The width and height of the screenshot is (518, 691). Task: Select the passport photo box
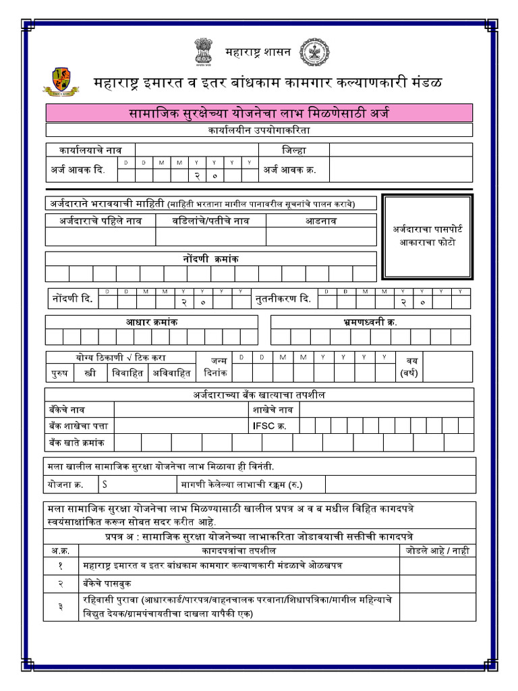click(428, 236)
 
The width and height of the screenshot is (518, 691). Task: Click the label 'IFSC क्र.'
click(268, 425)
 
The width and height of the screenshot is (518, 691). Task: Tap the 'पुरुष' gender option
click(59, 372)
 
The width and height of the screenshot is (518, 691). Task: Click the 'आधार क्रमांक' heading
click(151, 322)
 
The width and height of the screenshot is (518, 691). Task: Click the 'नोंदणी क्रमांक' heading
click(210, 258)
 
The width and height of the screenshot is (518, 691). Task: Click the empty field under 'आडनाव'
click(321, 236)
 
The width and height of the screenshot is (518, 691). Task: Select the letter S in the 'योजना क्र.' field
click(105, 484)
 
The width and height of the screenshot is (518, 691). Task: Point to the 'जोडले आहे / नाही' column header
click(437, 551)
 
